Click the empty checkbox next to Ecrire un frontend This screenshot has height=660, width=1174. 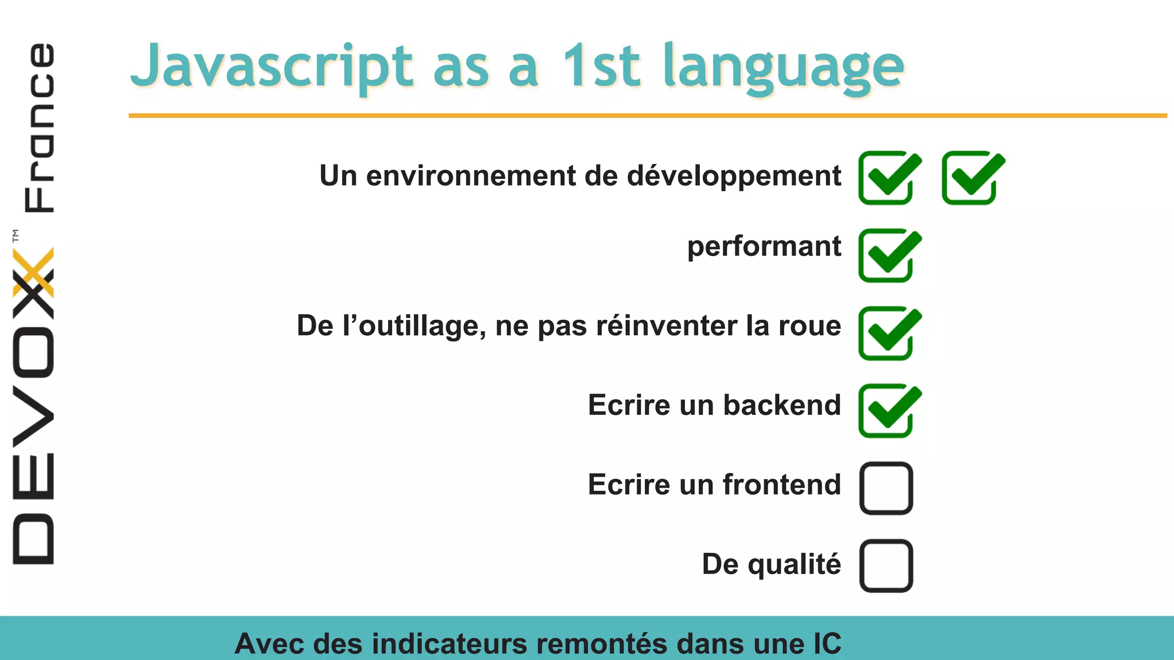point(886,488)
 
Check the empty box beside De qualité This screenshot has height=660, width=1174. point(886,565)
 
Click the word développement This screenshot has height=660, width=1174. point(734,176)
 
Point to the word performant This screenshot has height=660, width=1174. point(764,247)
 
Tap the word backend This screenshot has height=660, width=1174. point(782,405)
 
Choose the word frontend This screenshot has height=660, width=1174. point(782,485)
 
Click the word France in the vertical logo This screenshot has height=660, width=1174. point(39,127)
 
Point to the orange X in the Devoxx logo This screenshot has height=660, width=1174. point(33,272)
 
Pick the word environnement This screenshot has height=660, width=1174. point(470,176)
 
